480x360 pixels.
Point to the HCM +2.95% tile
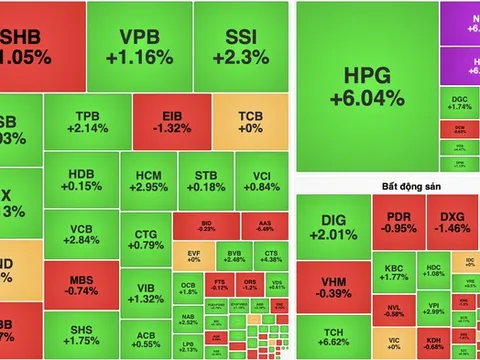pos(148,180)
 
